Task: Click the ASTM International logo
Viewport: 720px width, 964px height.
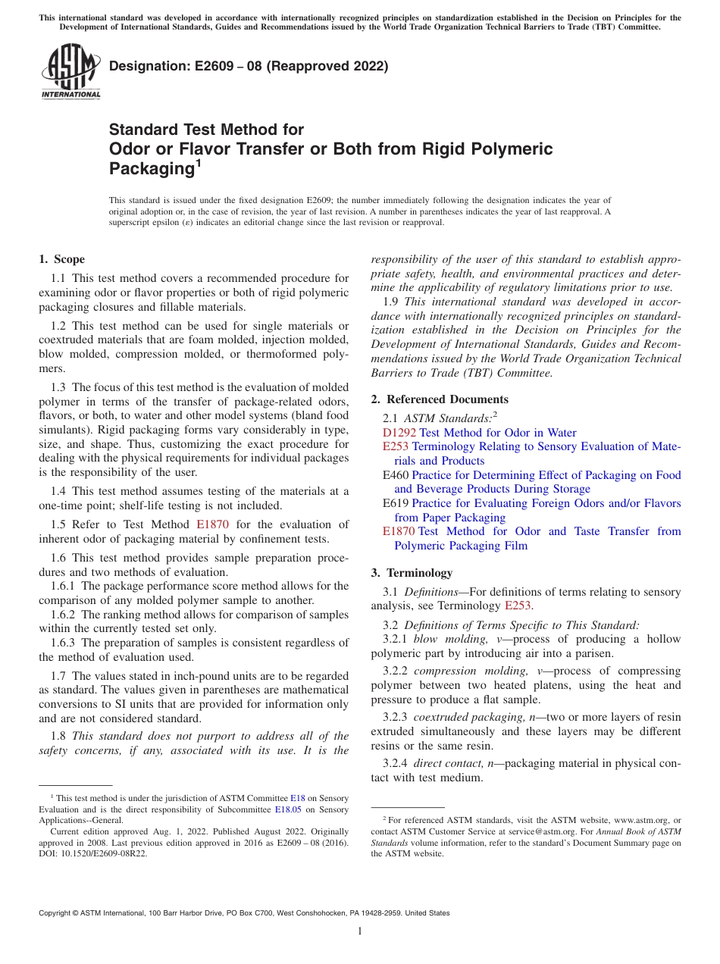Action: tap(70, 72)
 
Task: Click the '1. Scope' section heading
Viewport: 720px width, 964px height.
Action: tap(62, 259)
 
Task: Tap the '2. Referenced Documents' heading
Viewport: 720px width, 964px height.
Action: tap(440, 399)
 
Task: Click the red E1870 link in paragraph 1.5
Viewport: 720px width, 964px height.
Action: tap(212, 524)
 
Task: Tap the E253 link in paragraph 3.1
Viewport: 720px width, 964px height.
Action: tap(519, 606)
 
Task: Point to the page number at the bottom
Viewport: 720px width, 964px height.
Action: tap(360, 931)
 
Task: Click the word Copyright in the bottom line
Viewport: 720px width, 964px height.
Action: tap(56, 913)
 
